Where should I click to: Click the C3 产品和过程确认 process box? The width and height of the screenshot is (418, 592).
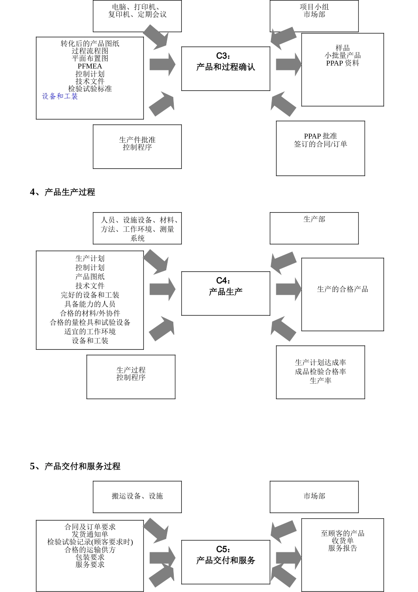coord(226,68)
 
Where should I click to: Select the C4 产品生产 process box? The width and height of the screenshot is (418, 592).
coord(226,293)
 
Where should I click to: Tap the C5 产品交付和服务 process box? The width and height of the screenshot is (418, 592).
coord(226,562)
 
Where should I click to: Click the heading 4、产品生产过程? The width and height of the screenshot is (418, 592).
coord(62,192)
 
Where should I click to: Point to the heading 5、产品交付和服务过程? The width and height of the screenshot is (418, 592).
coord(75,466)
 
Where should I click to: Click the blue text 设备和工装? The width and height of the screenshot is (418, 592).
coord(60,96)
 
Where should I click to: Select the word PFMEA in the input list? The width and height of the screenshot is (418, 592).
coord(90,66)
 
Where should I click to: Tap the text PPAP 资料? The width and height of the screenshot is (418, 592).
coord(342,63)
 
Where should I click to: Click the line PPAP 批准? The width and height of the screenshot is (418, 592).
coord(320,136)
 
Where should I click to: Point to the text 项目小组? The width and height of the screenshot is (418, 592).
coord(314,7)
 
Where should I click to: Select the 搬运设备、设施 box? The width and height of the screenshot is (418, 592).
coord(137,496)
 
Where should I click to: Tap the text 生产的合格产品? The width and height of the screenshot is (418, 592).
coord(342,289)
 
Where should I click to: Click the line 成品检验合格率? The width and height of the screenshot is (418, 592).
coord(320,371)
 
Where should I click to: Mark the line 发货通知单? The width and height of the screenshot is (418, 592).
coord(90,534)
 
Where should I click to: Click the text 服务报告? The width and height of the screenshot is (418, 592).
coord(342,548)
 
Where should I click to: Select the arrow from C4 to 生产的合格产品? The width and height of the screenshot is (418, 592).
coord(288,289)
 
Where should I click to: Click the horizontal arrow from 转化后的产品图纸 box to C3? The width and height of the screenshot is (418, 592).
coord(162,64)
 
